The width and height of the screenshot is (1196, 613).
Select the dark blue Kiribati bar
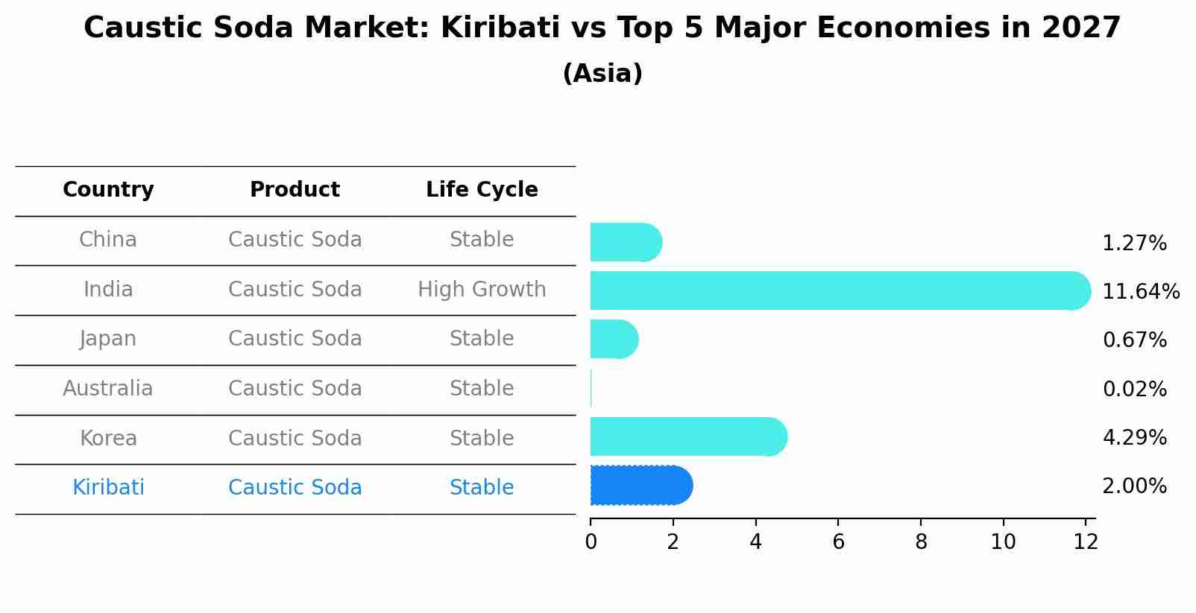641,486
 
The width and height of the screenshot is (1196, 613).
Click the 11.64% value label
1140,291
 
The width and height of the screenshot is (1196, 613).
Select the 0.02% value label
1134,389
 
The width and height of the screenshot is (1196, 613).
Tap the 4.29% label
1134,437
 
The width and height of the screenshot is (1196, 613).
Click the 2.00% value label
1134,486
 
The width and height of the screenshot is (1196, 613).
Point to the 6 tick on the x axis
838,542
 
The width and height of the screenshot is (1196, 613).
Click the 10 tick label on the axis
1003,542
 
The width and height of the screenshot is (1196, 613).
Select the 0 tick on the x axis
591,542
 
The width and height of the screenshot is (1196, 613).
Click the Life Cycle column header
482,190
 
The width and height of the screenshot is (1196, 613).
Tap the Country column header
108,190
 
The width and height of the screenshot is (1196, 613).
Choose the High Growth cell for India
482,290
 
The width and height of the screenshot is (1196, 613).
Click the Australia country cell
108,389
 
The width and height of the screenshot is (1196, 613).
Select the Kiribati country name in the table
108,488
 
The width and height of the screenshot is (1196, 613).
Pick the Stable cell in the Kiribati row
482,488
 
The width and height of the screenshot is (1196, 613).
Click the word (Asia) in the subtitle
602,74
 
